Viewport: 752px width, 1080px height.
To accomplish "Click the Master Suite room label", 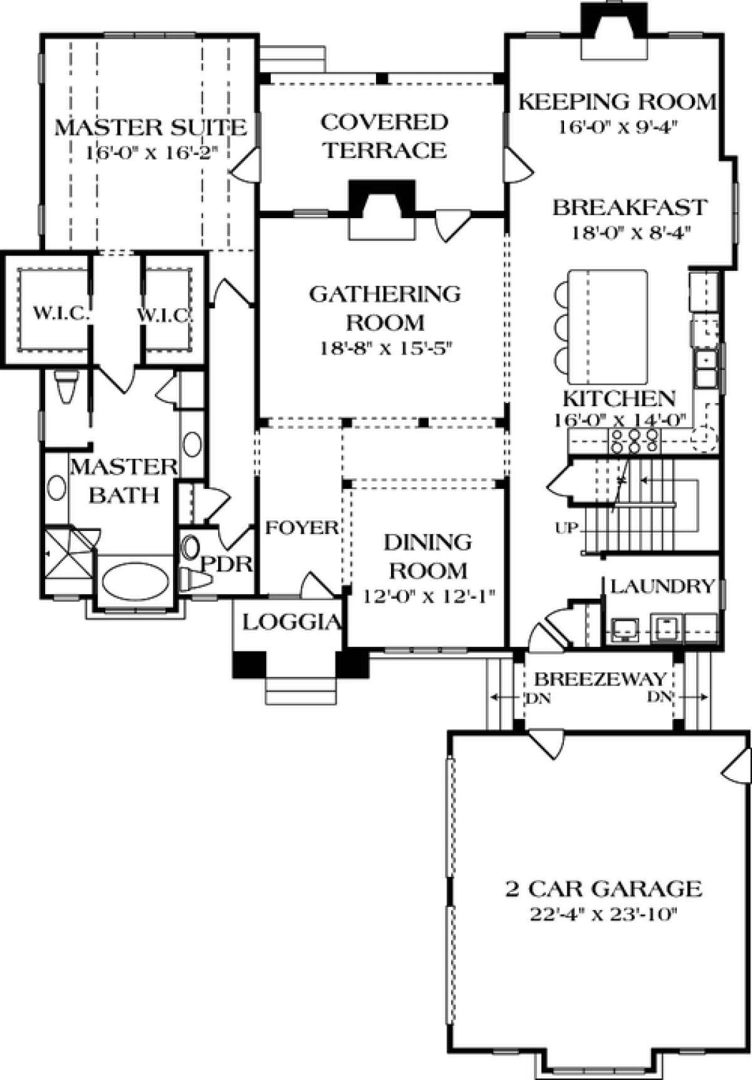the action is coord(150,128).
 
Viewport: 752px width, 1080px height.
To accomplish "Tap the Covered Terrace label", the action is coord(384,136).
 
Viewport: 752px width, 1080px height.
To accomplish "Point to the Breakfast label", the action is coord(630,207).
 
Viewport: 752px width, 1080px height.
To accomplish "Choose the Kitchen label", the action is coord(619,399).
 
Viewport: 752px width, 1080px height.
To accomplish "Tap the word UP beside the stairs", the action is coord(567,528).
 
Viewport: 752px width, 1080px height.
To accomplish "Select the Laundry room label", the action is coord(662,586).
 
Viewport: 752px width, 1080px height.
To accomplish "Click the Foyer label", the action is coord(302,528).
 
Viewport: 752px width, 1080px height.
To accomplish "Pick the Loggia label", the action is coord(292,622).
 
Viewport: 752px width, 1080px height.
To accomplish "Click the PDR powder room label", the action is coord(226,564).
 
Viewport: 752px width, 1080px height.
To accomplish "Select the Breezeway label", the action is coord(600,679).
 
